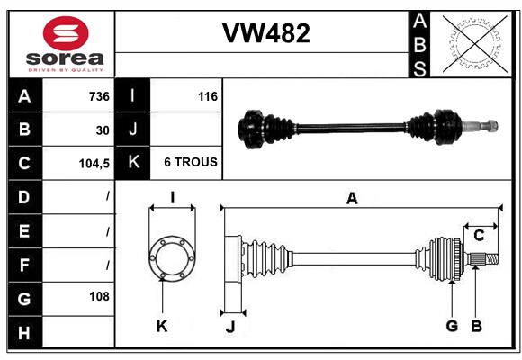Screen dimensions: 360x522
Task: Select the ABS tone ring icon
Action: pyautogui.click(x=473, y=42)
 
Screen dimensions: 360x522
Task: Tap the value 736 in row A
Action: pyautogui.click(x=98, y=96)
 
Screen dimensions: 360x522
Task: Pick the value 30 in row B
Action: pyautogui.click(x=103, y=130)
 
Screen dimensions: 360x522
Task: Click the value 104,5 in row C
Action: pyautogui.click(x=94, y=163)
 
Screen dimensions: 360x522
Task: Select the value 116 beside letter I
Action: pyautogui.click(x=207, y=96)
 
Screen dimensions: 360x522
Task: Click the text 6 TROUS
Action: pyautogui.click(x=190, y=163)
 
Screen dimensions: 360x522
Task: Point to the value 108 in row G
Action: pyautogui.click(x=99, y=296)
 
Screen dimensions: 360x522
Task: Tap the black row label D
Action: pyautogui.click(x=23, y=196)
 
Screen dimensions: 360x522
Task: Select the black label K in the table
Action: pyautogui.click(x=133, y=163)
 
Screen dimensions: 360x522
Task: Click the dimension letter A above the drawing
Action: pyautogui.click(x=352, y=199)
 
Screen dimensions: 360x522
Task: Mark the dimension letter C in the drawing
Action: pyautogui.click(x=479, y=236)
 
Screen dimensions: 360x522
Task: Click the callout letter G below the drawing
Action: pyautogui.click(x=452, y=326)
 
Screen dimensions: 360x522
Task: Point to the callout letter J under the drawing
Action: pyautogui.click(x=230, y=327)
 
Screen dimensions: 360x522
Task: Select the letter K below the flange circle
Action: pyautogui.click(x=161, y=326)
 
